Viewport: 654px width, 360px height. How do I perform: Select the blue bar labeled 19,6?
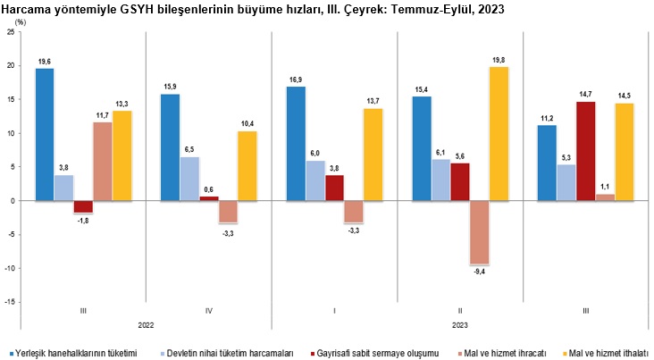coord(45,134)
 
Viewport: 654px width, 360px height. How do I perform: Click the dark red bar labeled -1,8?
coord(83,206)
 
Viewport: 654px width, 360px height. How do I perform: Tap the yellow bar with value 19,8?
coord(499,134)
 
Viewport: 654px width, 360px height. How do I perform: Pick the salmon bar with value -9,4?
coord(480,232)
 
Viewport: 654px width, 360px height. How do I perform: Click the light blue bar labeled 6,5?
coord(189,179)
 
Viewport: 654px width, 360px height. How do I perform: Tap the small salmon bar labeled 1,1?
coord(606,197)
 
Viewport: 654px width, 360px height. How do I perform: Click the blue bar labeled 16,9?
coord(297,143)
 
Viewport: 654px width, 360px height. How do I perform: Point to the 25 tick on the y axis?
coord(10,32)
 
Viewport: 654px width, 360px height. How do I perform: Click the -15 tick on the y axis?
coord(8,302)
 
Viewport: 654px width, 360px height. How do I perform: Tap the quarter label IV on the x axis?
coord(208,311)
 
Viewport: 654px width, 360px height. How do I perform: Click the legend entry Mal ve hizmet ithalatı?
coord(608,353)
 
